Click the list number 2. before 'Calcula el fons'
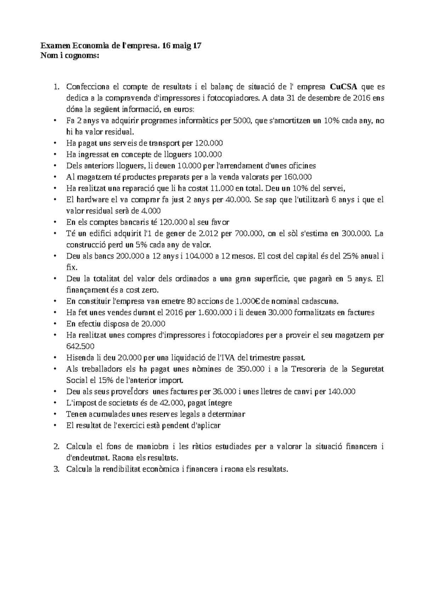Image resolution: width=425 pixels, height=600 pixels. pos(56,447)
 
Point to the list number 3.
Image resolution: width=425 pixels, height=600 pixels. pos(56,469)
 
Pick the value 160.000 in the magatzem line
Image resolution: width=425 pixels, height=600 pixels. pos(298,177)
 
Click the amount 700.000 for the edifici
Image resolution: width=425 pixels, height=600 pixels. pos(248,233)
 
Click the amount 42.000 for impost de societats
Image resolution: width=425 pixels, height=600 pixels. pos(171,403)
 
